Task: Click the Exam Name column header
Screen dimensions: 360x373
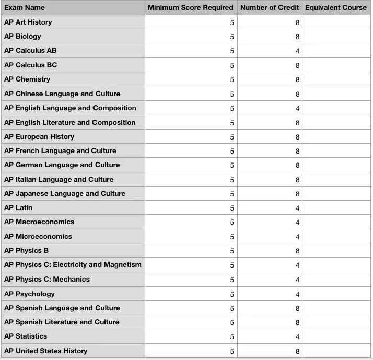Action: (x=25, y=7)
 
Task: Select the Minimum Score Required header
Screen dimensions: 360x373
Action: (x=190, y=7)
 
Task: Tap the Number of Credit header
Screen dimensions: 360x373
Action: (x=270, y=7)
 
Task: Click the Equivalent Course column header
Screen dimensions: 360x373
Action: (x=336, y=7)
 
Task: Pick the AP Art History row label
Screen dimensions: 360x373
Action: (x=28, y=22)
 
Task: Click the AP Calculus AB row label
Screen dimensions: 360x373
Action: (x=30, y=51)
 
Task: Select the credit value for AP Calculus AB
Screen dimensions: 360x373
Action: (x=297, y=51)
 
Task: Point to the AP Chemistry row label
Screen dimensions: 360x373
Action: (x=27, y=79)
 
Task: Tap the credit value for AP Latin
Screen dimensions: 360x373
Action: (x=297, y=208)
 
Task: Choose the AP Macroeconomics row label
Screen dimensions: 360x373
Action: (x=39, y=222)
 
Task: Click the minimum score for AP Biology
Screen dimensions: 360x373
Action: (x=232, y=37)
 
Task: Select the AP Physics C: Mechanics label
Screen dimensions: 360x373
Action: (x=47, y=280)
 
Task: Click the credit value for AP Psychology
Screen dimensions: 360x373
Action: (x=297, y=294)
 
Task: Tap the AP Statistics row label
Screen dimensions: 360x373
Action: (x=26, y=336)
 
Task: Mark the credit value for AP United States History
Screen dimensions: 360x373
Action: (x=297, y=351)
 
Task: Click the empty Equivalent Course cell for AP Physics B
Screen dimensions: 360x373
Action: (x=336, y=251)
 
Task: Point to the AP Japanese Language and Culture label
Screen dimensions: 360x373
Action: (x=65, y=194)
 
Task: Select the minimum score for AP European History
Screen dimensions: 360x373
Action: (x=232, y=137)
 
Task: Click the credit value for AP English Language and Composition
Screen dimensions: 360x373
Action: (x=297, y=108)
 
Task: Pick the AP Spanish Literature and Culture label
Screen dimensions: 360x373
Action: (x=62, y=322)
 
